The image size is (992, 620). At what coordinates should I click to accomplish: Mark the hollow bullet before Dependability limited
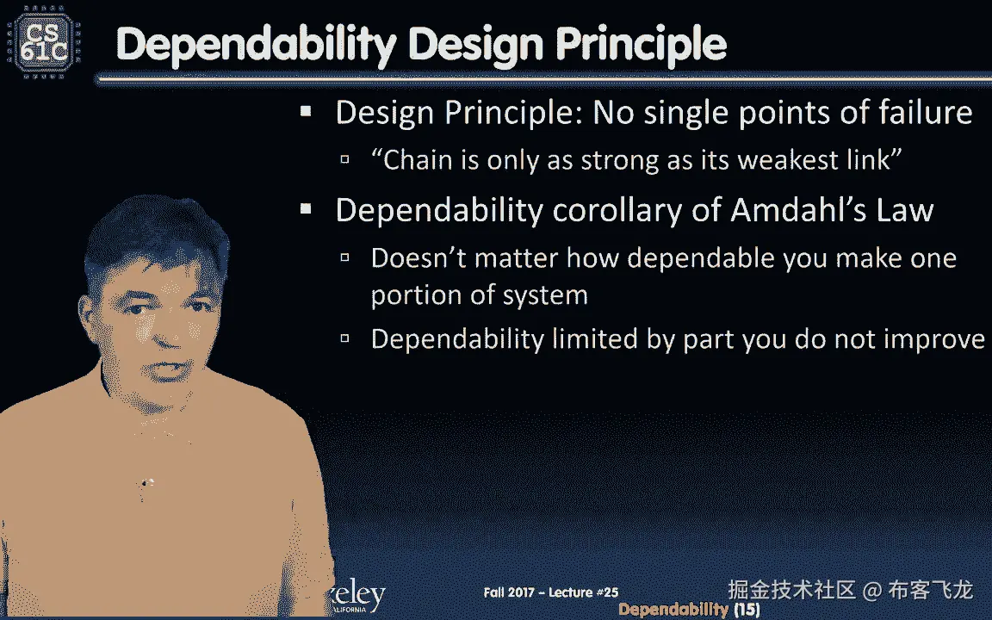344,338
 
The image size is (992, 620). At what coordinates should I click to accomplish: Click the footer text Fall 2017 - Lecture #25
551,592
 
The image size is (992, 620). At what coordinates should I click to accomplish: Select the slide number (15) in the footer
747,610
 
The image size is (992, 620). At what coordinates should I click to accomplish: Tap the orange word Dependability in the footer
673,610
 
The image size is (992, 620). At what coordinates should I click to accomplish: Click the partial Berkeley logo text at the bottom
358,596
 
